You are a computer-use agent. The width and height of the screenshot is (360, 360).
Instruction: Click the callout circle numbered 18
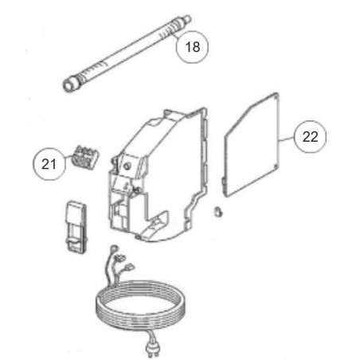click(192, 47)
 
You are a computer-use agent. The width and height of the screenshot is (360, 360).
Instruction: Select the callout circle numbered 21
click(49, 164)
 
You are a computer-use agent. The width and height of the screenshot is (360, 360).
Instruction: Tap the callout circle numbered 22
click(310, 137)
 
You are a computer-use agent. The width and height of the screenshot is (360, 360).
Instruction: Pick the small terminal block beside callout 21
click(84, 158)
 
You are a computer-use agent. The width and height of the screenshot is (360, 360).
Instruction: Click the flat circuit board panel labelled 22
click(251, 145)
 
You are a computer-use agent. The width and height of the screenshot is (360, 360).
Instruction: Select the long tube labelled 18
click(127, 53)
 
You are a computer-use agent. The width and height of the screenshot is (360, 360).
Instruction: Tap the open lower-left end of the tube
click(68, 86)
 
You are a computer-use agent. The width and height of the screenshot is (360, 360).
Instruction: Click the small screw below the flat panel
click(217, 212)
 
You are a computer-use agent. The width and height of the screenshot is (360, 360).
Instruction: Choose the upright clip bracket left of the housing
click(76, 226)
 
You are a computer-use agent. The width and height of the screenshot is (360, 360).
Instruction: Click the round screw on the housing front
click(128, 166)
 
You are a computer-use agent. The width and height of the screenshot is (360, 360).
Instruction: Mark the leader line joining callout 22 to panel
click(287, 139)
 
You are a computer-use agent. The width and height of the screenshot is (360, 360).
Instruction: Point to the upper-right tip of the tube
click(188, 18)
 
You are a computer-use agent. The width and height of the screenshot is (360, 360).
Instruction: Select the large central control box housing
click(158, 174)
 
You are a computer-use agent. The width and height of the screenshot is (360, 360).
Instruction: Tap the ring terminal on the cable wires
click(115, 248)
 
